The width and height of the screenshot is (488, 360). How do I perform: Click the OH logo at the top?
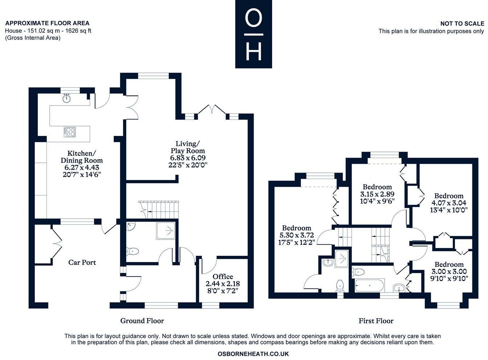(x=253, y=34)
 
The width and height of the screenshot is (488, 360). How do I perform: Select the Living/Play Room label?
(x=188, y=147)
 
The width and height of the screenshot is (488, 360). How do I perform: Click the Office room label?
(x=223, y=277)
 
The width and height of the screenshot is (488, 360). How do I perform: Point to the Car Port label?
(x=82, y=262)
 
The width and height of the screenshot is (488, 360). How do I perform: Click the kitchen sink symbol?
(x=66, y=98)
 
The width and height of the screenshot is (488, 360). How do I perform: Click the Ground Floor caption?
(x=142, y=321)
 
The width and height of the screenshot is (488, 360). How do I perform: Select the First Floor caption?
(x=376, y=321)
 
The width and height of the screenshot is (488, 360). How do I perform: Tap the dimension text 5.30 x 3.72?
(x=296, y=235)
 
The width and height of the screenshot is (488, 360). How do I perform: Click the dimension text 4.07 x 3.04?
(x=449, y=203)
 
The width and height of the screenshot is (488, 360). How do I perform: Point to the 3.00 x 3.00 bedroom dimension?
(x=449, y=272)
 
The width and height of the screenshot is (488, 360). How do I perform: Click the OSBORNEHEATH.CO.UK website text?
(x=253, y=354)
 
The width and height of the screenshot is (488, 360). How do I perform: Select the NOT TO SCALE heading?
(x=462, y=24)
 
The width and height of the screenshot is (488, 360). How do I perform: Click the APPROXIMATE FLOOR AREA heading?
(x=47, y=23)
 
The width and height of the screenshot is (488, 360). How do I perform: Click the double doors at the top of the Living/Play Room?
(x=212, y=109)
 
